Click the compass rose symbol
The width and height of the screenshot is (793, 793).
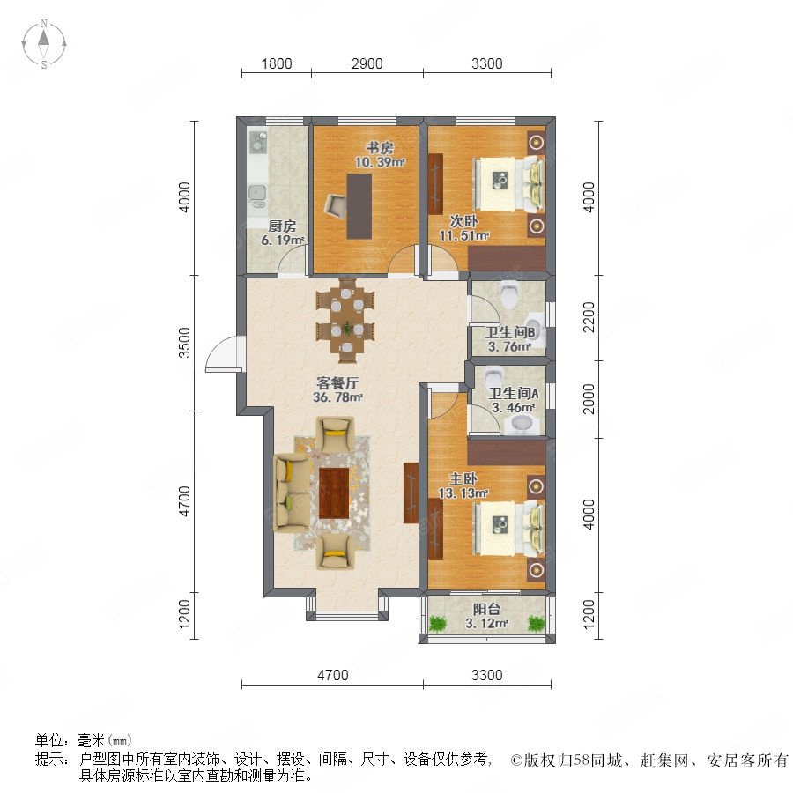pyautogui.click(x=44, y=44)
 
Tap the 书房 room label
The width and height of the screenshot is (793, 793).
pyautogui.click(x=379, y=148)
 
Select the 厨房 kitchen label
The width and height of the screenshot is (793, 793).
pyautogui.click(x=282, y=226)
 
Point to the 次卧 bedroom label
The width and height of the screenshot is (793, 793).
pyautogui.click(x=463, y=221)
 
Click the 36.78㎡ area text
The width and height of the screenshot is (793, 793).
pyautogui.click(x=337, y=397)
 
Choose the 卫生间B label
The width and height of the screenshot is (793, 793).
pyautogui.click(x=510, y=332)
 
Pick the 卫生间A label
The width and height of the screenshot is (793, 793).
pyautogui.click(x=514, y=393)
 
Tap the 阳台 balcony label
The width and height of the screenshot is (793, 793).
pyautogui.click(x=486, y=610)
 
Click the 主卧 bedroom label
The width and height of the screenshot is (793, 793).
pyautogui.click(x=463, y=478)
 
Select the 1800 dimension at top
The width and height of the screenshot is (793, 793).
pyautogui.click(x=276, y=63)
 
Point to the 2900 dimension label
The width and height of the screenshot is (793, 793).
pyautogui.click(x=367, y=63)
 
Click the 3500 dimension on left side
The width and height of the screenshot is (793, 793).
pyautogui.click(x=185, y=343)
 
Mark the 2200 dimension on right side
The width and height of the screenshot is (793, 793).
pyautogui.click(x=589, y=317)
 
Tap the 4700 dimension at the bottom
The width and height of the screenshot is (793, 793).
pyautogui.click(x=333, y=675)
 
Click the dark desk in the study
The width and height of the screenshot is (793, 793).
pyautogui.click(x=359, y=206)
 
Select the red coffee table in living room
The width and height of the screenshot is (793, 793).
pyautogui.click(x=334, y=493)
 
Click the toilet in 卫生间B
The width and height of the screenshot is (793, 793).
pyautogui.click(x=508, y=293)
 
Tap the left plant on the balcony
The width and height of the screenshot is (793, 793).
pyautogui.click(x=437, y=623)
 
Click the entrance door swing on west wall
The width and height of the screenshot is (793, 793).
pyautogui.click(x=223, y=354)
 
